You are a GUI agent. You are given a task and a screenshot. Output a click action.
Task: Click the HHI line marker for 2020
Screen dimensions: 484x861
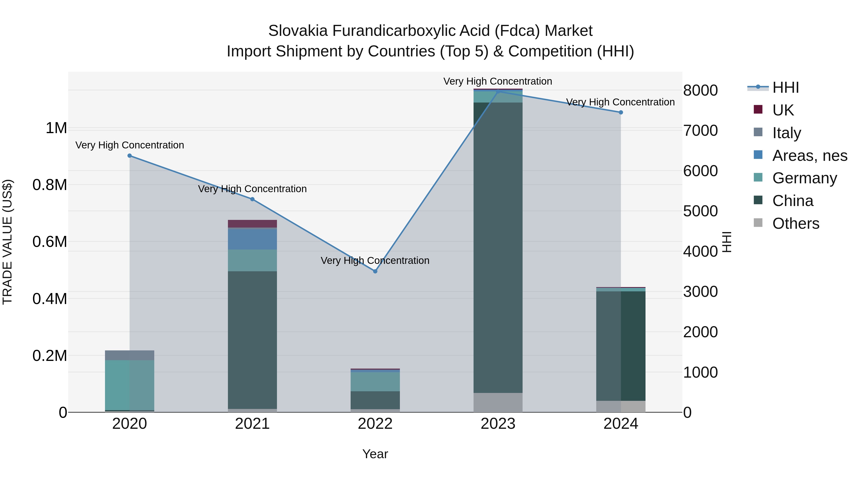pos(130,156)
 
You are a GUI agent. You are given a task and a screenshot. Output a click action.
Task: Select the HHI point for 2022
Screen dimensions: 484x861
pos(375,271)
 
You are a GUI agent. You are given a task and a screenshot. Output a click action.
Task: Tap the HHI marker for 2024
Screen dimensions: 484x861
pos(621,113)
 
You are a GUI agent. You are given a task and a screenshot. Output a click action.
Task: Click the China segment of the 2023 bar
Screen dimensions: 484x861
pos(498,247)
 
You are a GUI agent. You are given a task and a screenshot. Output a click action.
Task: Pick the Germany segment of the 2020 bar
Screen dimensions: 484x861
pos(130,385)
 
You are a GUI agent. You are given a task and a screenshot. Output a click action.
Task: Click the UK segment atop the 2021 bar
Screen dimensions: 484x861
pos(252,223)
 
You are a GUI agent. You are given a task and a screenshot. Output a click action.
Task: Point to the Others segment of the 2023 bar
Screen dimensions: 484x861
pos(498,402)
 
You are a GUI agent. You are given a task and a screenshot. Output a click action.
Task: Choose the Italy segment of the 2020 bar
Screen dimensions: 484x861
pos(130,355)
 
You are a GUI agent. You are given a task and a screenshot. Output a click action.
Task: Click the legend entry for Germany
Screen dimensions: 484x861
pos(804,178)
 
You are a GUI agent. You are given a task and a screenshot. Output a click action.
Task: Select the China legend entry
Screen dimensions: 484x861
pos(793,201)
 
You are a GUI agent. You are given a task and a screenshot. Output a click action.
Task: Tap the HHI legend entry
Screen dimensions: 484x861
pos(785,87)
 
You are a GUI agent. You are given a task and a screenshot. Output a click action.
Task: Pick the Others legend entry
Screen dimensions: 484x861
pos(795,223)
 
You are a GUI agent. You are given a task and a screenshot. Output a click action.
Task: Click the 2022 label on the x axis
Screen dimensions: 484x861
pos(375,424)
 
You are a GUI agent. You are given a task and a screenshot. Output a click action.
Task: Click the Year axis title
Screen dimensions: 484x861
pos(375,454)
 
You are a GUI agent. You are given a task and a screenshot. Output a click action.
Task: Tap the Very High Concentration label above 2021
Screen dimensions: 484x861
pos(252,189)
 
